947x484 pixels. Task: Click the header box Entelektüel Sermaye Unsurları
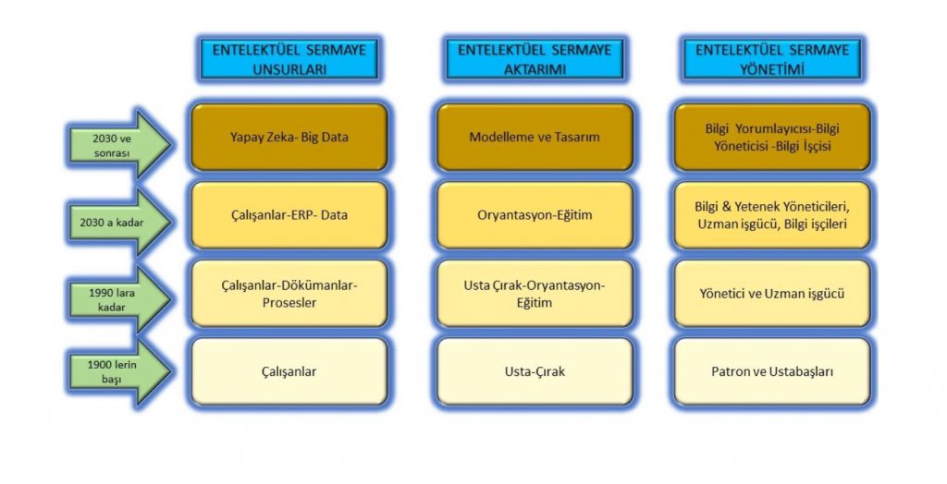(x=289, y=58)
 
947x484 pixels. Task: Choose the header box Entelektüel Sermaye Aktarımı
(x=535, y=58)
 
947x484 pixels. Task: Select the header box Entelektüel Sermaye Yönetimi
(x=772, y=58)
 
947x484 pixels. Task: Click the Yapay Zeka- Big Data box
(x=289, y=137)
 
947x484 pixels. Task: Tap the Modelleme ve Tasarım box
(x=535, y=137)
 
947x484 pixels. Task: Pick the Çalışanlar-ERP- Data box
(x=289, y=215)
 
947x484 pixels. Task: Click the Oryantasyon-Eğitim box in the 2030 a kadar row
(x=535, y=215)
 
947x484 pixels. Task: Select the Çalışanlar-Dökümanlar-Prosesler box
(x=289, y=294)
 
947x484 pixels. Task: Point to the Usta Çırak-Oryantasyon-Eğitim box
(x=535, y=294)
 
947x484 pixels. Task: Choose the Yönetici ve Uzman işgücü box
(x=772, y=294)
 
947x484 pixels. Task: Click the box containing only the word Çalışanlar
(x=289, y=371)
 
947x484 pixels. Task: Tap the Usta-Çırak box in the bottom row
(x=535, y=371)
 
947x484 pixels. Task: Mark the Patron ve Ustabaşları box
(x=772, y=371)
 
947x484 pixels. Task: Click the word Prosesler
(x=289, y=302)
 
